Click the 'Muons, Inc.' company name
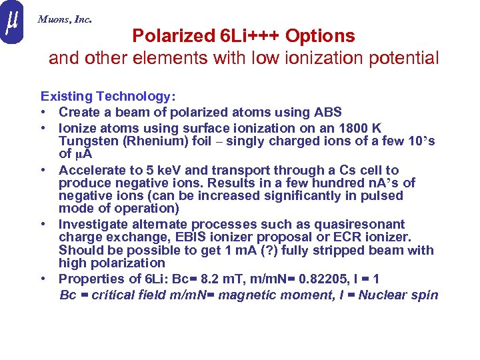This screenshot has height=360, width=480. pos(65,19)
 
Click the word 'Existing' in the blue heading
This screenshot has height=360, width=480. pos(66,97)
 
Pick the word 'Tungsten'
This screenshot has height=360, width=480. pos(86,141)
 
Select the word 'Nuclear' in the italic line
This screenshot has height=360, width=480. pos(383,295)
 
